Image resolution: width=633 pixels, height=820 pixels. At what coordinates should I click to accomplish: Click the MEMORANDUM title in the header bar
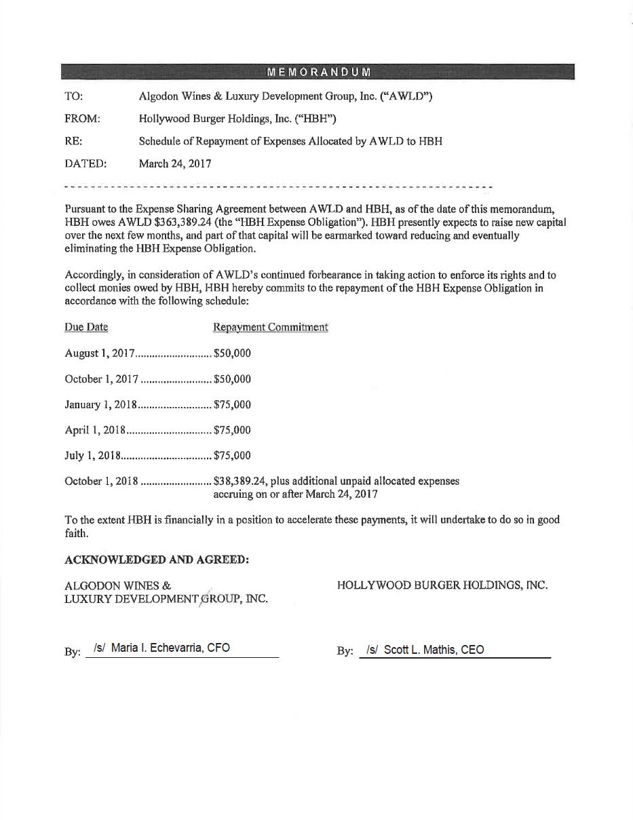(x=318, y=72)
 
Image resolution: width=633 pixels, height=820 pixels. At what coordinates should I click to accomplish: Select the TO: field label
(x=74, y=96)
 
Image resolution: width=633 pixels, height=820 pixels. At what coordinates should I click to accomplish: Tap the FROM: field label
(x=82, y=119)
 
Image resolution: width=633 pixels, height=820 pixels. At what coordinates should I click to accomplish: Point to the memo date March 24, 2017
(x=175, y=163)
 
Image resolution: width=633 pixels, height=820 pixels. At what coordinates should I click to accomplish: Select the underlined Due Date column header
(x=86, y=327)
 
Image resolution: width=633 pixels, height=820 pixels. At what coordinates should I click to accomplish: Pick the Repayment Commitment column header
(x=271, y=327)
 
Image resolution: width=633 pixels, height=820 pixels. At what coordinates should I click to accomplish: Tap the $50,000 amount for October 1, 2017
(x=232, y=379)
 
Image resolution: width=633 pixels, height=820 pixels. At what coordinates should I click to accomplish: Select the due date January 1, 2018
(x=101, y=405)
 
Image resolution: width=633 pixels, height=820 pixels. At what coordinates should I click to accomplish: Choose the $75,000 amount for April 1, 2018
(x=232, y=430)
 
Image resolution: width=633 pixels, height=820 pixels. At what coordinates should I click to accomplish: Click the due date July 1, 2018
(x=92, y=456)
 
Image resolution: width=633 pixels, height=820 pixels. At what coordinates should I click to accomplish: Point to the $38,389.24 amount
(x=238, y=481)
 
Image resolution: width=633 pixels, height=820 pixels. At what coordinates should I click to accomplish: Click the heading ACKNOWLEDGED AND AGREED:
(x=157, y=560)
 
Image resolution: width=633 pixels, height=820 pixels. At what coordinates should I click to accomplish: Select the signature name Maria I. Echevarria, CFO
(x=170, y=648)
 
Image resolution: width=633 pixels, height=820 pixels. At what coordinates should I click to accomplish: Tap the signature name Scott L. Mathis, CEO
(x=434, y=650)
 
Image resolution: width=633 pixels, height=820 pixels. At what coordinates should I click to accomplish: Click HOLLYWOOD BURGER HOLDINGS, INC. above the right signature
(x=442, y=585)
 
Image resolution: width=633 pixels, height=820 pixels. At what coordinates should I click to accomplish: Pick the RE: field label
(x=73, y=141)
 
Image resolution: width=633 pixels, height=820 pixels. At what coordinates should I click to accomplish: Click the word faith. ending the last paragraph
(x=77, y=533)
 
